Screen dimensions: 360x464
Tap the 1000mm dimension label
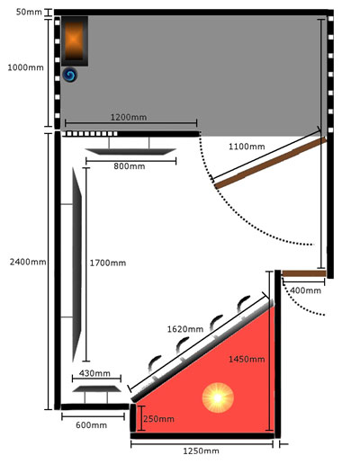tap(25, 67)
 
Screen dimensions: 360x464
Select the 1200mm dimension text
tap(129, 117)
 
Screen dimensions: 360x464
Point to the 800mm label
tap(130, 166)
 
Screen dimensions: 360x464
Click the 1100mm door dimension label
tap(247, 147)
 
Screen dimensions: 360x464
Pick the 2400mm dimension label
tap(28, 262)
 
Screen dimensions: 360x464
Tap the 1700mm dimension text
tap(108, 263)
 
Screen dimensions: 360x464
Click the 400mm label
tap(305, 290)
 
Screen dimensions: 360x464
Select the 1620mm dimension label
tap(185, 329)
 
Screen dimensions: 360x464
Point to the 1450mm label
tap(247, 359)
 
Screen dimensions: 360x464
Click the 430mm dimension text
tap(94, 373)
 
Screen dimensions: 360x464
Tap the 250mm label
tap(158, 419)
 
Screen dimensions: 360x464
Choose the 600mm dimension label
tap(91, 425)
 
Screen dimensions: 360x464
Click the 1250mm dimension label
tap(201, 451)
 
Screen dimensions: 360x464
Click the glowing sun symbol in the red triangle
tap(218, 397)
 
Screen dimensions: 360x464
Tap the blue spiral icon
tap(70, 75)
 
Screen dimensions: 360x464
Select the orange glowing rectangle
tap(74, 40)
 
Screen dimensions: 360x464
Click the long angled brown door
tap(271, 163)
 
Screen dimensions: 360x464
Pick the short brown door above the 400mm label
tap(304, 273)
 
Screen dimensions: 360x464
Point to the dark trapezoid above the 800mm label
tap(130, 152)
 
